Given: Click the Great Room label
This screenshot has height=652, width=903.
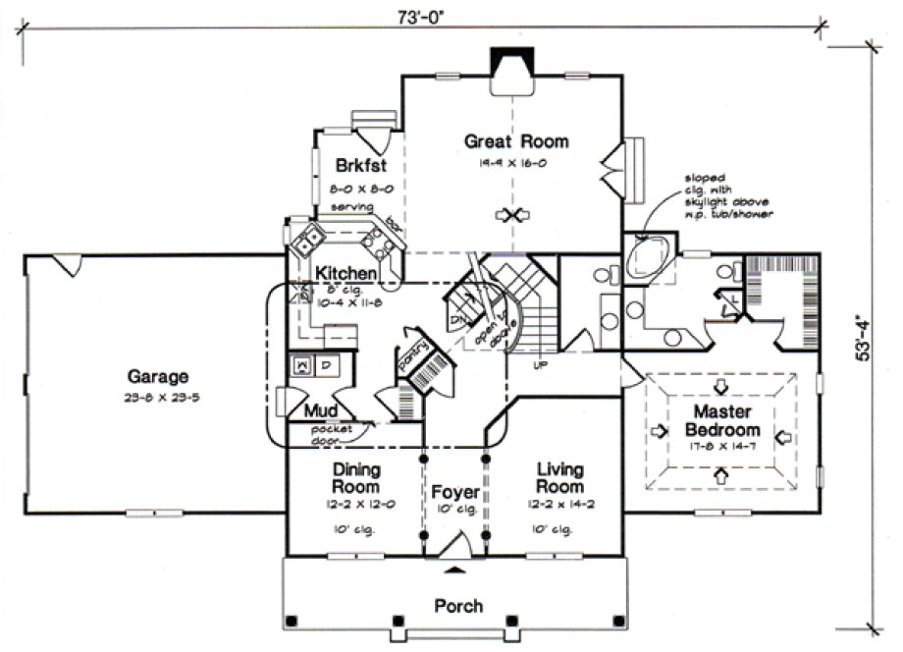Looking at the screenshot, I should pos(516,141).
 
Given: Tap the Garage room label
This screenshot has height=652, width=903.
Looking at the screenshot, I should pos(157,375).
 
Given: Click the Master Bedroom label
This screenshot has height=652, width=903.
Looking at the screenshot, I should pos(722,420).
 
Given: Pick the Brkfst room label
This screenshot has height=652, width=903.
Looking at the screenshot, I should pos(357,164).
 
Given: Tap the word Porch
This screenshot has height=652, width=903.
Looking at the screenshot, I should pos(458,606).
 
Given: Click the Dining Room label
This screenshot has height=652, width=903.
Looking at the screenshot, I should pos(356,478).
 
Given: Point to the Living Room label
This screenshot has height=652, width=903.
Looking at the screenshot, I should pos(560,478).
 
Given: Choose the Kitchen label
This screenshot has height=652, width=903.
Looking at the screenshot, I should pos(345,273).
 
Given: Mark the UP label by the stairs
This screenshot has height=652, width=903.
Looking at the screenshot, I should pos(539,364).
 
